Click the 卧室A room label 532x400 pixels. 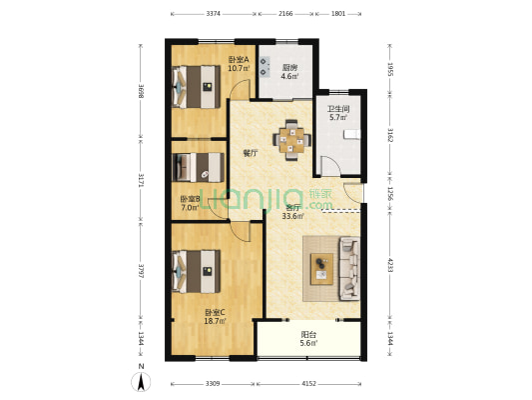click(238, 59)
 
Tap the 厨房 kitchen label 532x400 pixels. click(288, 67)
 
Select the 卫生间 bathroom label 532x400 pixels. click(338, 109)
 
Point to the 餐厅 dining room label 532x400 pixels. click(251, 154)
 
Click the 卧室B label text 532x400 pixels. click(190, 199)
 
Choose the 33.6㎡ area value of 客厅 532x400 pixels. click(292, 216)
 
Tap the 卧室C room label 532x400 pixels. click(215, 313)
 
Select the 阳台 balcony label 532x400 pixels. click(308, 335)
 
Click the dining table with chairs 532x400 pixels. click(292, 139)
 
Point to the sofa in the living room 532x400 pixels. click(348, 261)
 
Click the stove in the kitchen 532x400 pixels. click(265, 65)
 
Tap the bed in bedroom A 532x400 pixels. click(197, 86)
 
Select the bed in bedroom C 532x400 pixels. click(196, 270)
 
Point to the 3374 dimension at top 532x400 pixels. click(214, 14)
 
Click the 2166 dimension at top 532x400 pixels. click(285, 14)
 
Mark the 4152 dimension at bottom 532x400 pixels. click(308, 384)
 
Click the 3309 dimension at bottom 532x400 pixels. click(214, 384)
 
